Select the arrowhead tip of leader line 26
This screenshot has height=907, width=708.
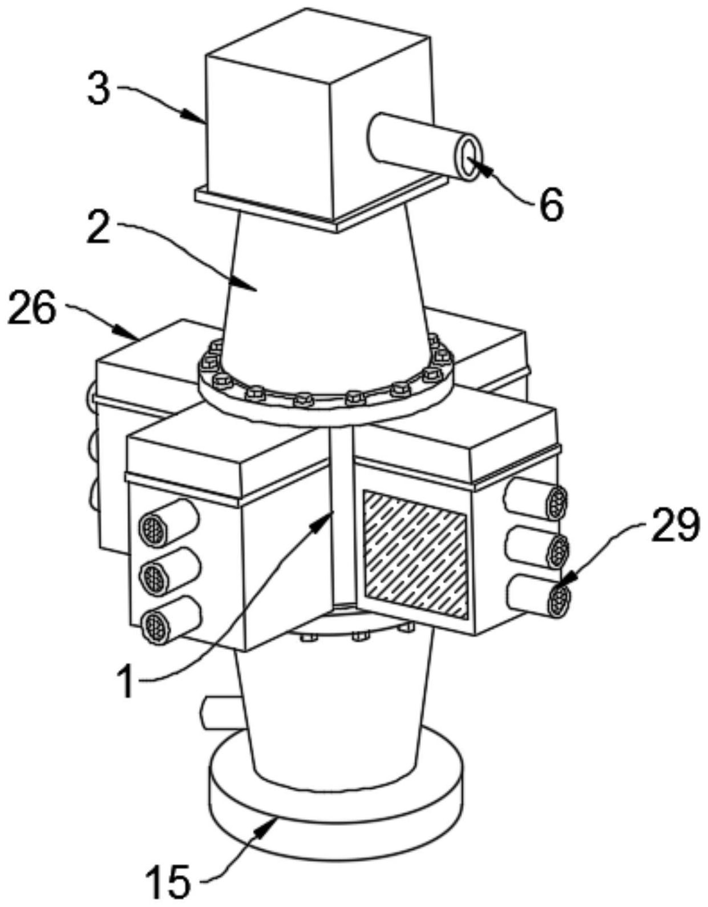(x=139, y=339)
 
